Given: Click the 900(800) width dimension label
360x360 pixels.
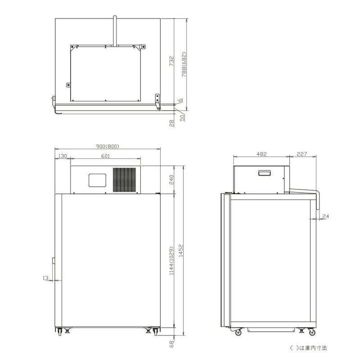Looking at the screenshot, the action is (108, 146).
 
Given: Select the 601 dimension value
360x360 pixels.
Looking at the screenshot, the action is (106, 156).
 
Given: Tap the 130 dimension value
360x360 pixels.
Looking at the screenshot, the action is (63, 156).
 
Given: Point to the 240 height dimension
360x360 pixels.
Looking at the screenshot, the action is (171, 180).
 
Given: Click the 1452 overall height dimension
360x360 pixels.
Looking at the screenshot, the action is (181, 251).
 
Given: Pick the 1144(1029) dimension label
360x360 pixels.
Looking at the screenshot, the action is (171, 261).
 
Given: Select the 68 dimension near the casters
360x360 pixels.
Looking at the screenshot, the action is (171, 344).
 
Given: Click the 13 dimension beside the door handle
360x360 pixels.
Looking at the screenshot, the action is (45, 278).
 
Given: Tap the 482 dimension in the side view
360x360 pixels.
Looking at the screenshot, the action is (261, 154).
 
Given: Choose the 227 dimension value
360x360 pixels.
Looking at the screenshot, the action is (301, 154).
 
